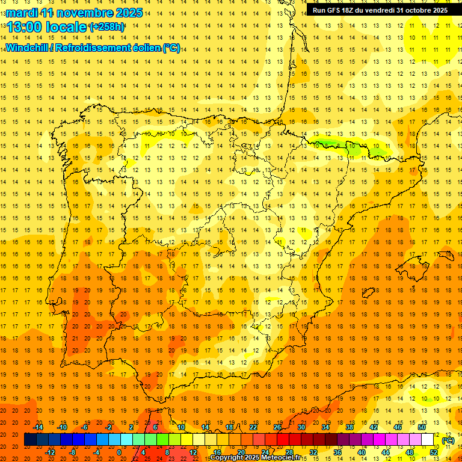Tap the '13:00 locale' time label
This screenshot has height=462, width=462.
[47, 27]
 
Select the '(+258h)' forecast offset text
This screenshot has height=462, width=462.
[107, 27]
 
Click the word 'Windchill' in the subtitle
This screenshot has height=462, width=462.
[28, 48]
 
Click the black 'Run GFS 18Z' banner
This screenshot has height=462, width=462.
[380, 10]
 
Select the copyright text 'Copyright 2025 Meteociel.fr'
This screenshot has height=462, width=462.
[255, 458]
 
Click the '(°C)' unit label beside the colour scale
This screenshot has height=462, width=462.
[448, 440]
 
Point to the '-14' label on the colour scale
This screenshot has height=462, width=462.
[39, 427]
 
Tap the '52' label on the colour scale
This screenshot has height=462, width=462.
[434, 452]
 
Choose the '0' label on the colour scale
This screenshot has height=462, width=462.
[119, 452]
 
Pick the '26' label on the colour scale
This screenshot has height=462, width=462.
[277, 427]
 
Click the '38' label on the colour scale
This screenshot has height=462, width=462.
[350, 427]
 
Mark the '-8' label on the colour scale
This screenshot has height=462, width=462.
[72, 452]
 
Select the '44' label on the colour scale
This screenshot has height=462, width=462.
[386, 452]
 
